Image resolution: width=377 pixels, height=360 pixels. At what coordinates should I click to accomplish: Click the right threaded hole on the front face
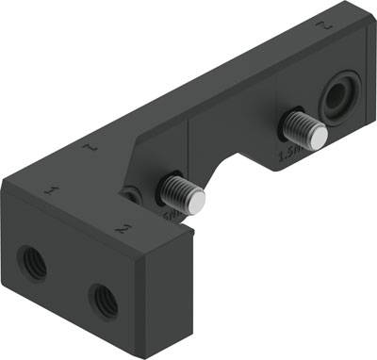[103, 300]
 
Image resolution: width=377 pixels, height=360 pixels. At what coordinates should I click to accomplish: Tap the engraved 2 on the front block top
[123, 227]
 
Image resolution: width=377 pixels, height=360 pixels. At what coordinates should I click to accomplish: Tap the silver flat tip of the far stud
[320, 139]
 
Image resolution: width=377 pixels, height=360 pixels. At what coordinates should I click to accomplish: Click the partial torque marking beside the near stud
[172, 216]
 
